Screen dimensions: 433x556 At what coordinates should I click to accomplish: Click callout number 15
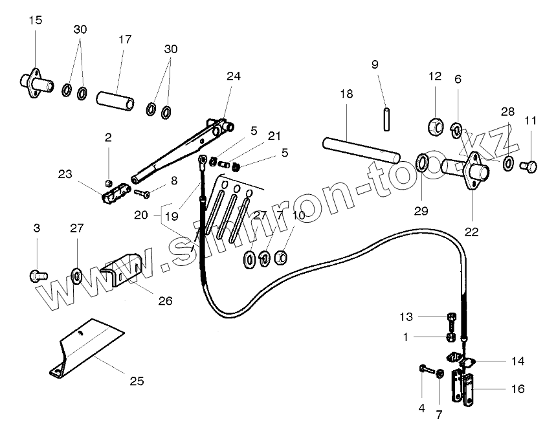pos(36,21)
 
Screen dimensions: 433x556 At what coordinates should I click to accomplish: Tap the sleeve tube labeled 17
pos(115,101)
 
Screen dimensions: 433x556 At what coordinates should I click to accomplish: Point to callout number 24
pos(234,76)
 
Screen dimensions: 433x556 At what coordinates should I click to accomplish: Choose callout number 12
pos(434,76)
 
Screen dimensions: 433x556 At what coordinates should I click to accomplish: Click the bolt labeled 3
pos(36,275)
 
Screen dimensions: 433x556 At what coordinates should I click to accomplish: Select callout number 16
pos(517,389)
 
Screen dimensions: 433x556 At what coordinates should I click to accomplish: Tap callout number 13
pos(405,316)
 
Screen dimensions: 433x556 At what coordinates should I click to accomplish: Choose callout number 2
pos(108,137)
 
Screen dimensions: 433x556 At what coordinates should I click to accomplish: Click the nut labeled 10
pos(281,258)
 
